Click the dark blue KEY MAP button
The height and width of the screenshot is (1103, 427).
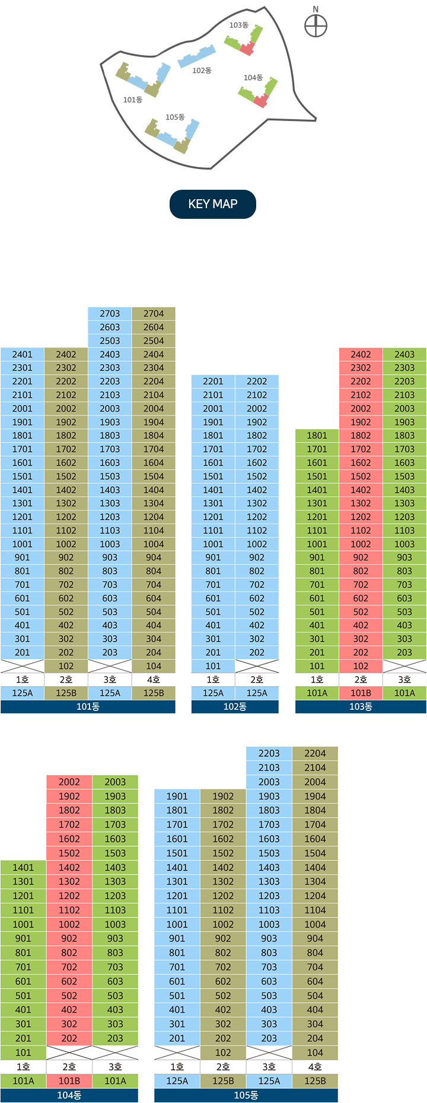[x=213, y=204]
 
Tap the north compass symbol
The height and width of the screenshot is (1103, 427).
[x=316, y=25]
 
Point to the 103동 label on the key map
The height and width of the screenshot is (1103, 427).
[x=238, y=25]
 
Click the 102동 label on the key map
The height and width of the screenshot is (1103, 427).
[x=202, y=71]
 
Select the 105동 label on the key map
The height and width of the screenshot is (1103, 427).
[x=175, y=117]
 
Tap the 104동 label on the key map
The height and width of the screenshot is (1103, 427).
[x=253, y=78]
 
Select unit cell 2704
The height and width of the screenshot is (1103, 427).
[x=154, y=314]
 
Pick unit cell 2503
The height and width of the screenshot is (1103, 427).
[x=110, y=341]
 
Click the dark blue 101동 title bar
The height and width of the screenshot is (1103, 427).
[x=88, y=707]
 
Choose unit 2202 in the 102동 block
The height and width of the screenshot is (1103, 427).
[x=257, y=381]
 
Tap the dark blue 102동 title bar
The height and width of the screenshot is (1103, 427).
[x=235, y=707]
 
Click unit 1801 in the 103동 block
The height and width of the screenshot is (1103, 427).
[x=317, y=436]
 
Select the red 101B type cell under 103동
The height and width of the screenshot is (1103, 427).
[x=361, y=693]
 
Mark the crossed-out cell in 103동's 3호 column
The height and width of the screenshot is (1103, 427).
[x=404, y=666]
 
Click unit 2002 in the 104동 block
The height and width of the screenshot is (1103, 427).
[x=69, y=782]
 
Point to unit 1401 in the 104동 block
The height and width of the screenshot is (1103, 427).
[x=23, y=868]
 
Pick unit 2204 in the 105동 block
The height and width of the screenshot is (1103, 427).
[x=315, y=753]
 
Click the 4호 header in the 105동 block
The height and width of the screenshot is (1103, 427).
[x=315, y=1067]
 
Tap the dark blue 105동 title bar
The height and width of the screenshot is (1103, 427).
[x=246, y=1095]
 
